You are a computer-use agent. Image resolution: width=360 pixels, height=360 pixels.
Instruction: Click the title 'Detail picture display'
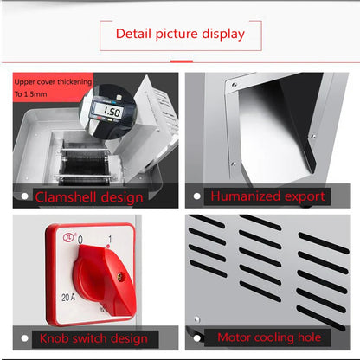[x=180, y=35]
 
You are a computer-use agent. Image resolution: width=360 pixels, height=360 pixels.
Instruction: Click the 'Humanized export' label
[x=268, y=196]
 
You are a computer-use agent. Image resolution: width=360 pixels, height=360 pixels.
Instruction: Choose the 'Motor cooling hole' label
[x=269, y=337]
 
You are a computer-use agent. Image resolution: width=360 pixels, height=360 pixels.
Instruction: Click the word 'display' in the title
[x=221, y=35]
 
